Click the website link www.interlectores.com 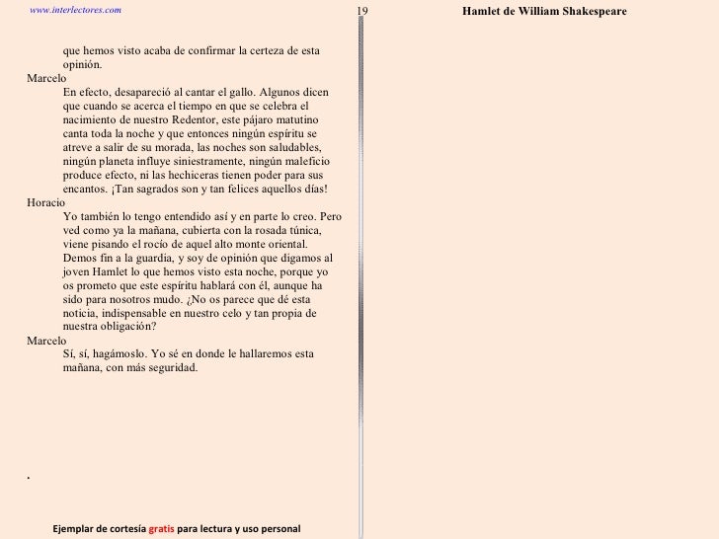[76, 9]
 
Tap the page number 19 [361, 11]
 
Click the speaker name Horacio [44, 201]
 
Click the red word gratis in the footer [161, 530]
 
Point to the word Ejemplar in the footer [74, 530]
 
